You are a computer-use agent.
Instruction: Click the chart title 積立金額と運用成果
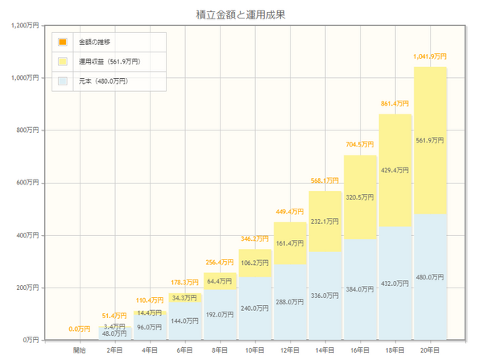pos(241,14)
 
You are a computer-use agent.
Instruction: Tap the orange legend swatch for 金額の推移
pos(63,42)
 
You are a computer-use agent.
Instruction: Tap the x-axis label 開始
pos(79,350)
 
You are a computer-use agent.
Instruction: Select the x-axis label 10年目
pos(254,350)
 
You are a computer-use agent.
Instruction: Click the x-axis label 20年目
pos(430,350)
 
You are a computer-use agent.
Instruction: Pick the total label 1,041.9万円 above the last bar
pos(430,57)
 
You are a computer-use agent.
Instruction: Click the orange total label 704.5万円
pos(360,145)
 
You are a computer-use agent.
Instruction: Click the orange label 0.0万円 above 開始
pos(79,329)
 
